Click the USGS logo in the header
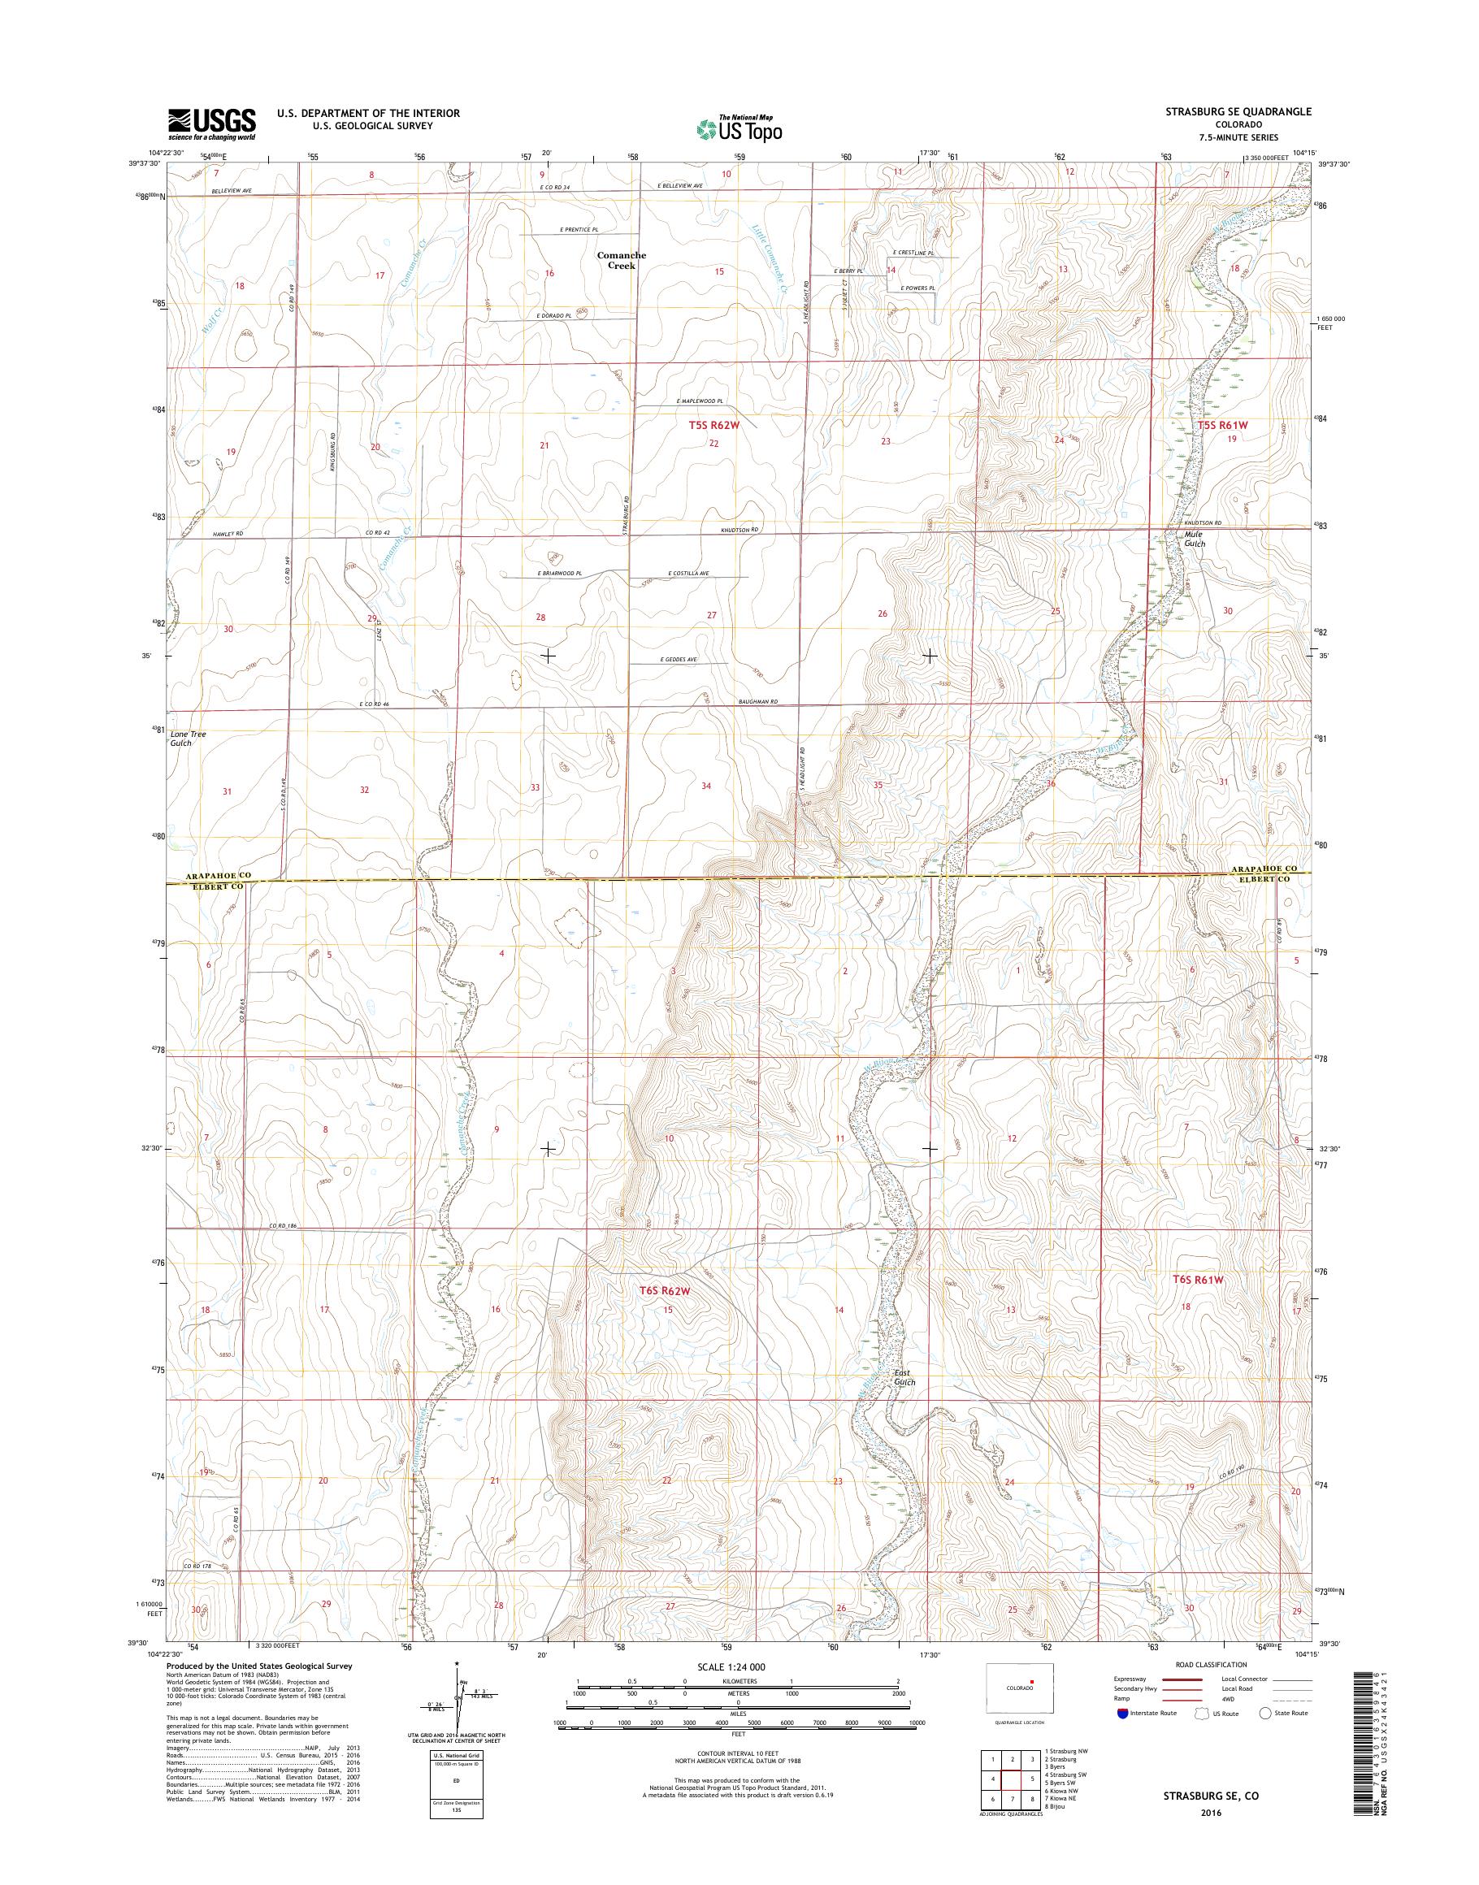click(212, 123)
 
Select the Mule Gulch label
click(1195, 539)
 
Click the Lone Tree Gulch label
click(188, 738)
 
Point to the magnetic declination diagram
click(460, 1698)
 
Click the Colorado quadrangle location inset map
click(1019, 1688)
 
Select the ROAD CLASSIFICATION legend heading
click(1211, 1663)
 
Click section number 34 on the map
click(707, 786)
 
